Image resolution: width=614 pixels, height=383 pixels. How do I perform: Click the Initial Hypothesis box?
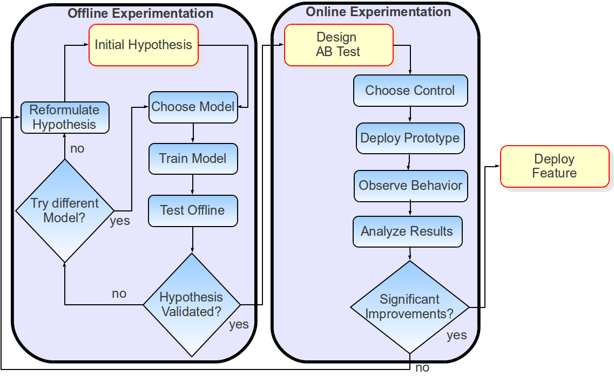(x=144, y=45)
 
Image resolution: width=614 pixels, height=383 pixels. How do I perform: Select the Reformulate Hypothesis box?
(x=65, y=118)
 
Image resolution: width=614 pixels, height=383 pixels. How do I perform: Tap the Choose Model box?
(x=193, y=107)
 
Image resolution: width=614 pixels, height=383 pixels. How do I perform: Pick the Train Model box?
(x=193, y=159)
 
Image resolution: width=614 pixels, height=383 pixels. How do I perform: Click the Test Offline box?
(x=193, y=210)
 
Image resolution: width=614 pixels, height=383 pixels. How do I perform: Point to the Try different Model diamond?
(x=65, y=211)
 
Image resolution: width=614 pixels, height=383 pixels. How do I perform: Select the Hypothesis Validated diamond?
(x=192, y=305)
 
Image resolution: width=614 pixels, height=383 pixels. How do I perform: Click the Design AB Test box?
(x=339, y=45)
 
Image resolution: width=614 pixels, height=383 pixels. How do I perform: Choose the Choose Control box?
(x=410, y=91)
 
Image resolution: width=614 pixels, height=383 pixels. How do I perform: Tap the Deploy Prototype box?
(x=410, y=138)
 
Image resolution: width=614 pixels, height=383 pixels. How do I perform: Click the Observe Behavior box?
(x=410, y=186)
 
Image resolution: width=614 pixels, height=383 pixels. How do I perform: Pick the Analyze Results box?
(x=408, y=231)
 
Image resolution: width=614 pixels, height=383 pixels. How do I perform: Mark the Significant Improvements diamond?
(x=410, y=307)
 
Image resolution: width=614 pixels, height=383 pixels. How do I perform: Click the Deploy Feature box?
(x=555, y=166)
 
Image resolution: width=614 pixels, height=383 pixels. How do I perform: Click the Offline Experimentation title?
(x=140, y=13)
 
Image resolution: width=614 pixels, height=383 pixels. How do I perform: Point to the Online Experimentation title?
(x=379, y=12)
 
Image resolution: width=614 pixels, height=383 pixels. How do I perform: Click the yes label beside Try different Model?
(x=120, y=221)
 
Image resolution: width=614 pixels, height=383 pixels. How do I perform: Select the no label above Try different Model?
(x=77, y=148)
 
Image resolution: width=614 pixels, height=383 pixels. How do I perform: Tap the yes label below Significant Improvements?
(x=456, y=335)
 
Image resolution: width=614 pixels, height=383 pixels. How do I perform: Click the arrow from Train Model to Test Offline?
(x=193, y=184)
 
